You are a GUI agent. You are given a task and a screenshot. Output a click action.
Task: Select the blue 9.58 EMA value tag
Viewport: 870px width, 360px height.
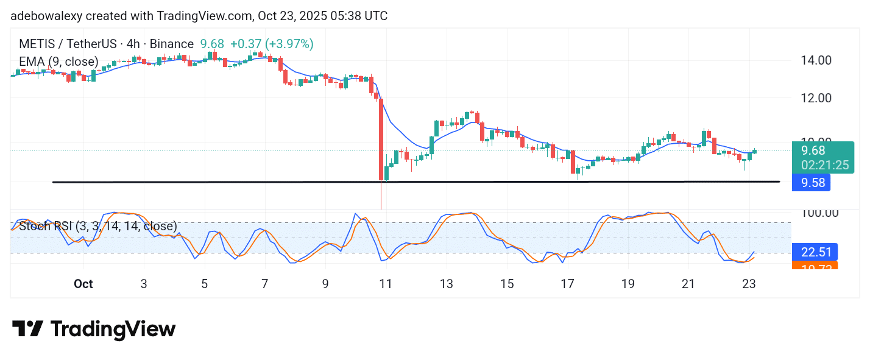pyautogui.click(x=812, y=182)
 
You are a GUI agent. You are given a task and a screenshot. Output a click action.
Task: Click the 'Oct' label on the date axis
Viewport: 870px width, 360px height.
pyautogui.click(x=83, y=284)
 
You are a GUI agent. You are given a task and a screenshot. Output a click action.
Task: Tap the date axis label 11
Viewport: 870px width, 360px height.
pyautogui.click(x=385, y=284)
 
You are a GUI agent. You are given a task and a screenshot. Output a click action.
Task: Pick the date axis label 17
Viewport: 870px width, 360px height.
pyautogui.click(x=567, y=284)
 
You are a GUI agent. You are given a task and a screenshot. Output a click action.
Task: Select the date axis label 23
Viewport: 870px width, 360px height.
pyautogui.click(x=749, y=284)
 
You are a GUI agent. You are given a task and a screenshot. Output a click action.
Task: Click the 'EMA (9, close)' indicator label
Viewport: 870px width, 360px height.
pyautogui.click(x=58, y=62)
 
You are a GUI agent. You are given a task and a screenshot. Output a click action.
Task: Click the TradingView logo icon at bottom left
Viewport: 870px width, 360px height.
pyautogui.click(x=27, y=330)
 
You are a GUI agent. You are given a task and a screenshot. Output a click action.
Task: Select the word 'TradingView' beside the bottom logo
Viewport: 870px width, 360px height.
pyautogui.click(x=113, y=330)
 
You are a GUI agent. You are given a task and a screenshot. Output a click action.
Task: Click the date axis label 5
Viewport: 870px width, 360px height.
pyautogui.click(x=204, y=284)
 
